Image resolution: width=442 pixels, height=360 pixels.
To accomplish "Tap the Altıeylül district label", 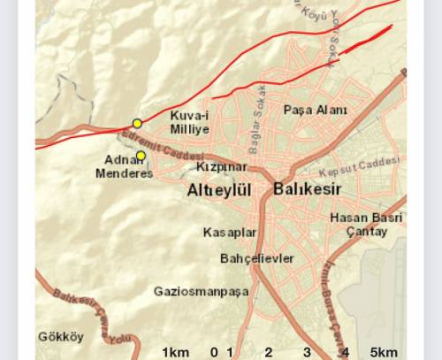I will coord(220,190).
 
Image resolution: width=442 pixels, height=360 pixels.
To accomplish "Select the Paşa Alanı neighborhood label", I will coord(316,110).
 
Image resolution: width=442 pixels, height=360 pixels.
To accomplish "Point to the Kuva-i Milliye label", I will coord(188,121).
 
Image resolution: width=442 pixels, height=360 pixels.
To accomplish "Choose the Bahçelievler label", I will coord(256,258).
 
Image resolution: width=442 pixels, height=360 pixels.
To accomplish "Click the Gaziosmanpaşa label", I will coord(201,291).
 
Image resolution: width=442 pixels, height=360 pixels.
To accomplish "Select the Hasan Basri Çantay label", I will coord(358,225).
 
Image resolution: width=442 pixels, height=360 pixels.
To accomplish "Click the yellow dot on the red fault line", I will coord(137,123).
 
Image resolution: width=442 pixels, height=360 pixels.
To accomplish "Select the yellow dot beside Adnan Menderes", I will coord(140,156).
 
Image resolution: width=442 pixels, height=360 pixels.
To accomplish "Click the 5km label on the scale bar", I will coord(383,352).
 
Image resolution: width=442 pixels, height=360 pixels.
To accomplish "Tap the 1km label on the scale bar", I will coord(175,352).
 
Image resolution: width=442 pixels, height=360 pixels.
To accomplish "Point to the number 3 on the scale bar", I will coord(307,352).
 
